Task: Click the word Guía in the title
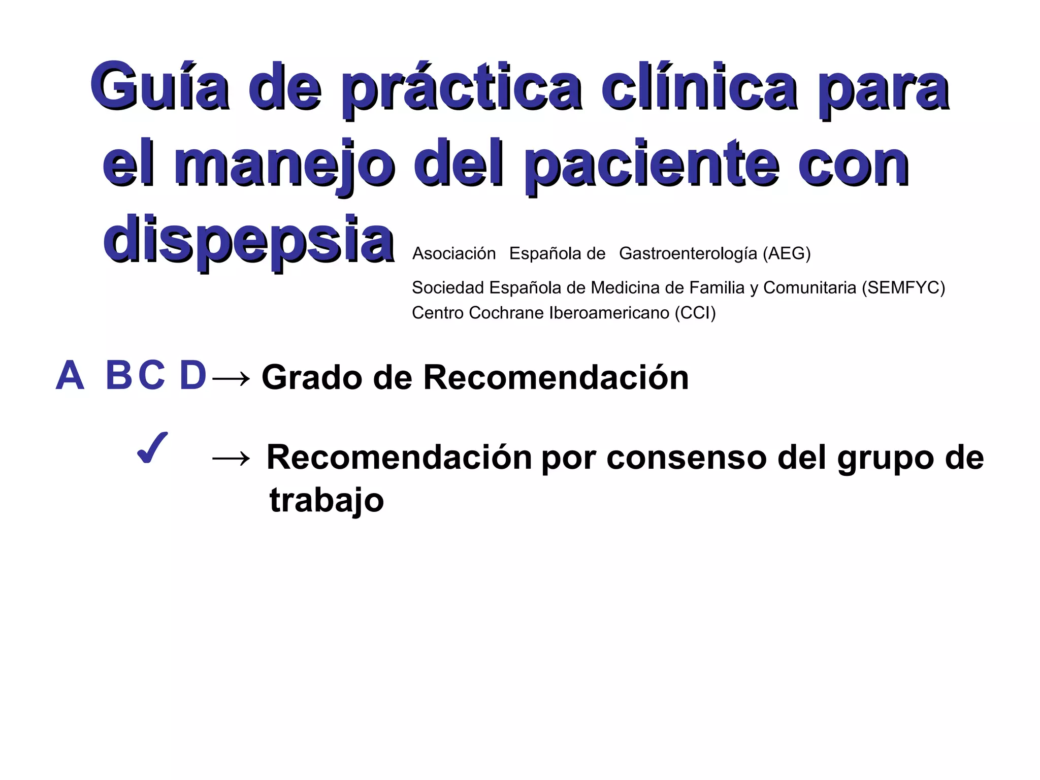pos(159,86)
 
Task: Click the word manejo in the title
pos(284,165)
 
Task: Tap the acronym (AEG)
pos(787,253)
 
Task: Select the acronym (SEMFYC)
pos(903,287)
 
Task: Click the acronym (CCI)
pos(695,313)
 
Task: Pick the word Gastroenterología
pos(688,253)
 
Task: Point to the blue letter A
pos(70,376)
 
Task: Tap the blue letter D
pos(193,376)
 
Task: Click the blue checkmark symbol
pos(152,448)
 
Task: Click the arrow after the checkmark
pos(231,459)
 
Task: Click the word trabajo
pos(327,501)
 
